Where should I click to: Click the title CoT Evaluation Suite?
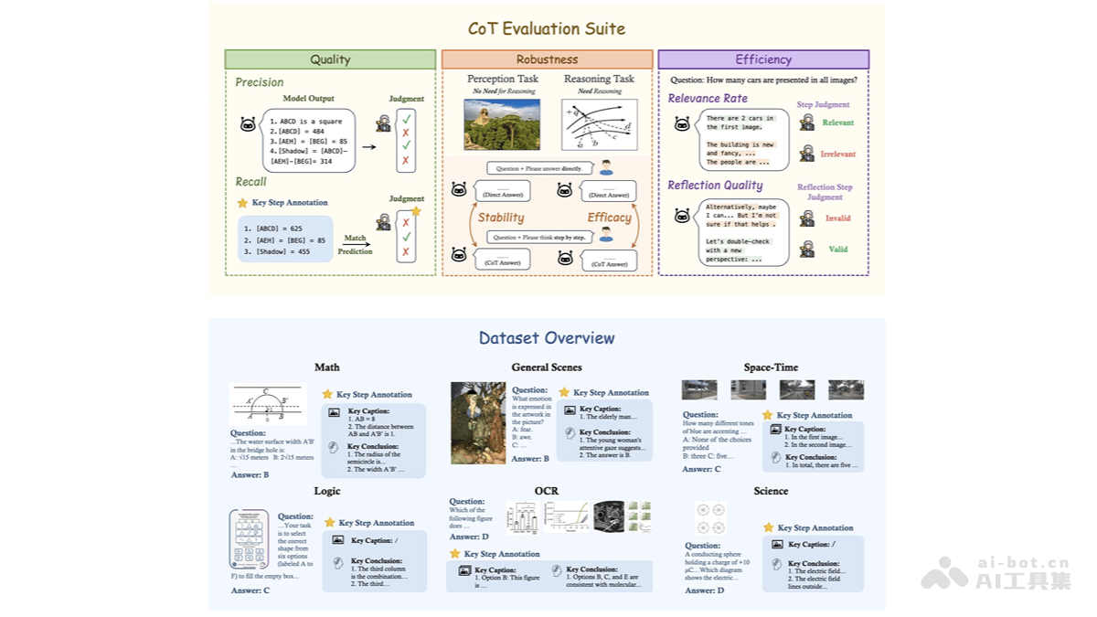[547, 28]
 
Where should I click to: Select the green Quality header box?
[330, 59]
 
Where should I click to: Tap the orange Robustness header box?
[547, 59]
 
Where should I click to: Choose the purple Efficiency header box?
[763, 59]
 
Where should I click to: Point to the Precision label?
[260, 82]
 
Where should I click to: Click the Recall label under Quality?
[251, 182]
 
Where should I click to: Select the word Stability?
[501, 218]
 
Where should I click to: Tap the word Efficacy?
[609, 218]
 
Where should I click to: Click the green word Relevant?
[837, 122]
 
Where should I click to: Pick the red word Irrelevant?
[837, 154]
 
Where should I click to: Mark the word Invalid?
[837, 218]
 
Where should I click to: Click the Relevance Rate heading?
[708, 99]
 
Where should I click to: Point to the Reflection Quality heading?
[715, 186]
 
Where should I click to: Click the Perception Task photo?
[502, 124]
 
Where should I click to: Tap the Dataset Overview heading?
[547, 338]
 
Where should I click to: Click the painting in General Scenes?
[478, 422]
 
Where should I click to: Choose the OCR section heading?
[547, 491]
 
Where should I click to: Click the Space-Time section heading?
[771, 367]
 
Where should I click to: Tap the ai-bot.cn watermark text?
[1025, 563]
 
